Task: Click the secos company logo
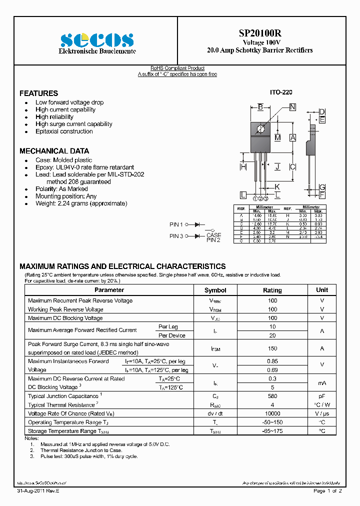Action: [x=97, y=39]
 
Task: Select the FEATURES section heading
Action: [x=38, y=93]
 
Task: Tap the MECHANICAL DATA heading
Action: [x=54, y=151]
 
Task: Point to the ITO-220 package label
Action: [x=281, y=92]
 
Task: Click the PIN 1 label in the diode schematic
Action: [x=176, y=225]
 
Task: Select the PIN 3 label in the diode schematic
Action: [x=176, y=236]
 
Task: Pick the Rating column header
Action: [x=272, y=290]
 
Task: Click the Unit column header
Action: [x=322, y=290]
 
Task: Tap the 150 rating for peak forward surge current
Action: [x=272, y=348]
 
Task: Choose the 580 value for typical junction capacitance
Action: [x=272, y=396]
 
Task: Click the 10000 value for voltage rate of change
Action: [x=272, y=414]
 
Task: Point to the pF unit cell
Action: [x=322, y=396]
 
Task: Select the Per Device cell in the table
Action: [x=171, y=335]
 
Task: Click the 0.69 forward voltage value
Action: [x=272, y=370]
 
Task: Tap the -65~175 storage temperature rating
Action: [x=272, y=431]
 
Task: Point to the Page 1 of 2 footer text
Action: [x=327, y=491]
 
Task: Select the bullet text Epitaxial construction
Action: [x=64, y=131]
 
